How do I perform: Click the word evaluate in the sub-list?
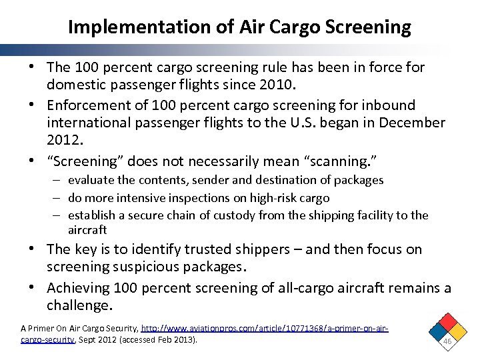(90, 180)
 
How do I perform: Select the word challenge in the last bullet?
(78, 305)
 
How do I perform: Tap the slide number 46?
(447, 341)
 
